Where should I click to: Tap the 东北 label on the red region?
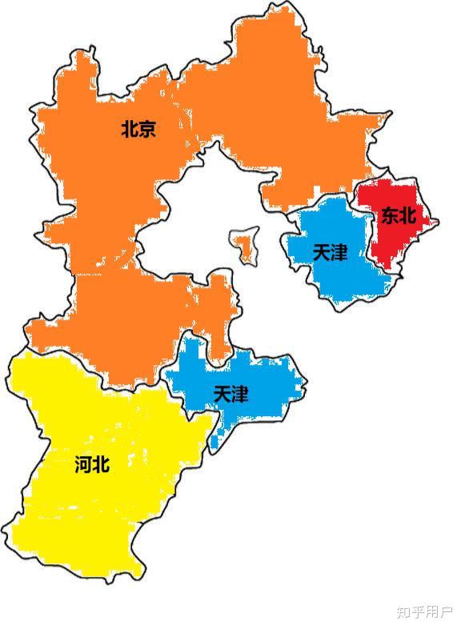coord(398,215)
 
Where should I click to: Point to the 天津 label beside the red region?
coord(330,253)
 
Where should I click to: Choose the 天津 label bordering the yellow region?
coord(230,395)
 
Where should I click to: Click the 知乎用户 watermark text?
coord(423,612)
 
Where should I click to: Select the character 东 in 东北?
coord(389,215)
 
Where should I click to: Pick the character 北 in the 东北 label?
coord(407,215)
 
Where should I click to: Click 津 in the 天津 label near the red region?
coord(339,253)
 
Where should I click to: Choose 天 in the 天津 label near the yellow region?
coord(222,395)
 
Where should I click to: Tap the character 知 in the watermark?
coord(403,612)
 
